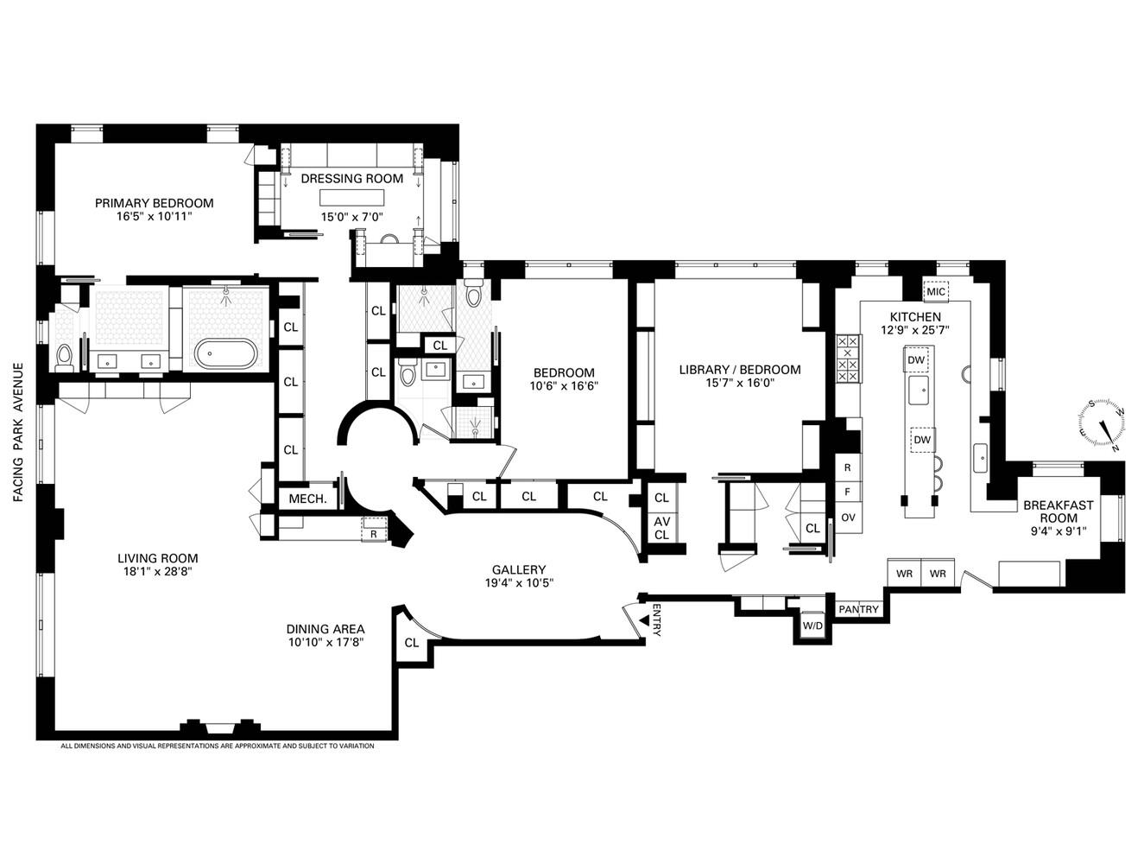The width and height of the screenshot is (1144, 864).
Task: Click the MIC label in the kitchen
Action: coord(936,292)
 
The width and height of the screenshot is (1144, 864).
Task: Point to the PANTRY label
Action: coord(858,609)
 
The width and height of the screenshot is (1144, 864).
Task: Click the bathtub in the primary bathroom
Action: coord(225,354)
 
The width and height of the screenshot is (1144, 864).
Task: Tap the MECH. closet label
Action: coord(307,499)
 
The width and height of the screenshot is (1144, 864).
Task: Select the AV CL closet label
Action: coord(661,528)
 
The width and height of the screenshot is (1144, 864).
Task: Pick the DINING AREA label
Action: coord(326,629)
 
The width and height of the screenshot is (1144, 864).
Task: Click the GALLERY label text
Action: coord(518,569)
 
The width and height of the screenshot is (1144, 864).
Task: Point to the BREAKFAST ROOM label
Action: coord(1058,511)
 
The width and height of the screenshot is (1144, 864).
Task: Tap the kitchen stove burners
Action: coord(849,358)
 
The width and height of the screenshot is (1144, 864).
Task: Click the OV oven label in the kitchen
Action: coord(847,518)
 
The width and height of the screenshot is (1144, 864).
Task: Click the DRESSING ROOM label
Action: coord(351,179)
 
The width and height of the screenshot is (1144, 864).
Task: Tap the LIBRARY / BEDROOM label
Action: coord(739,370)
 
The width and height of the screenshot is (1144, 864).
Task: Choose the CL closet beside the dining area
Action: coord(411,643)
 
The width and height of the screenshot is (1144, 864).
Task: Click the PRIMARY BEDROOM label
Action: coord(154,203)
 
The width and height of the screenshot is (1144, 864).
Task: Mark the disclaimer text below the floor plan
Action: coord(217,746)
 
